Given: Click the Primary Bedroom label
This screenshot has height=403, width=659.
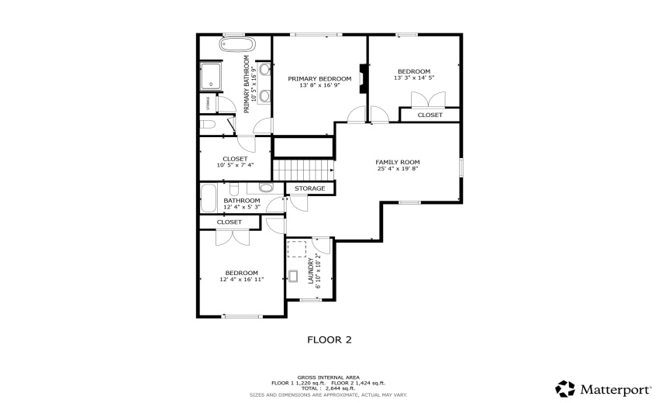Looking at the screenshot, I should [319, 79].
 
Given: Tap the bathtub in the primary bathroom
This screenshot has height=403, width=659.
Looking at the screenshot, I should [236, 45].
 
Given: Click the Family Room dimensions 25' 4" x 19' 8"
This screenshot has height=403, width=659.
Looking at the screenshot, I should [397, 168].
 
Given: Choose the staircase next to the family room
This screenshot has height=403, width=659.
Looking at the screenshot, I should [303, 169].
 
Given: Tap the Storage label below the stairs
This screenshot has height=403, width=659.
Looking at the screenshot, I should [310, 188].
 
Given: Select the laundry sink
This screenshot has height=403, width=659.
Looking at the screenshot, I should [296, 275].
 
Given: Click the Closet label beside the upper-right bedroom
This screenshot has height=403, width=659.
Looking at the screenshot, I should [430, 115].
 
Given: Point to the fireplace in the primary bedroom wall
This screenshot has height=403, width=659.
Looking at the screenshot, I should [362, 78].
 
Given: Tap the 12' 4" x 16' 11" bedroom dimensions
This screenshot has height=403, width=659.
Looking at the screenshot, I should [242, 280].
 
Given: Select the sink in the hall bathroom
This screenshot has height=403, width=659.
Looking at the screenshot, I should [266, 188].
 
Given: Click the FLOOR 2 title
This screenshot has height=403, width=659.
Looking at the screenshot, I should [329, 339].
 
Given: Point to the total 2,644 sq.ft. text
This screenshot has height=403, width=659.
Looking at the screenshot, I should [328, 388].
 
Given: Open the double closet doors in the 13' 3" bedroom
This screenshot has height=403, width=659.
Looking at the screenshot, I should [429, 99].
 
